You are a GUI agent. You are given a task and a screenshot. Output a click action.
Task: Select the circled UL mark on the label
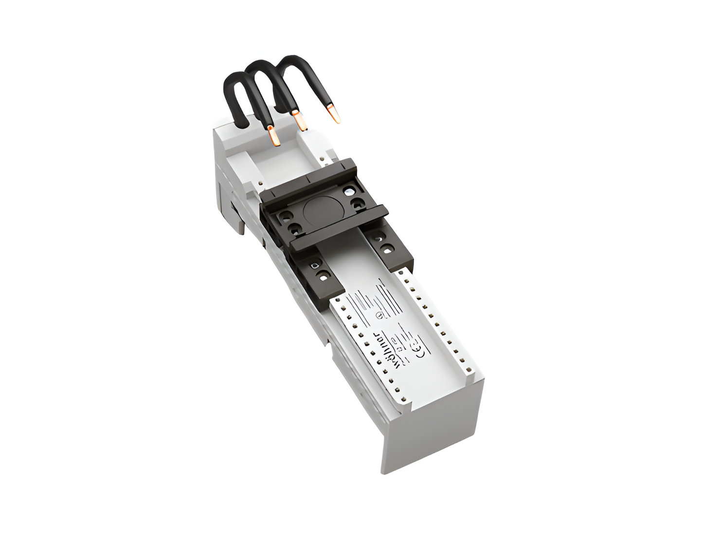379,314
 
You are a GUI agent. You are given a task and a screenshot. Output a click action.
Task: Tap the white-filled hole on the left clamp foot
314,266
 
